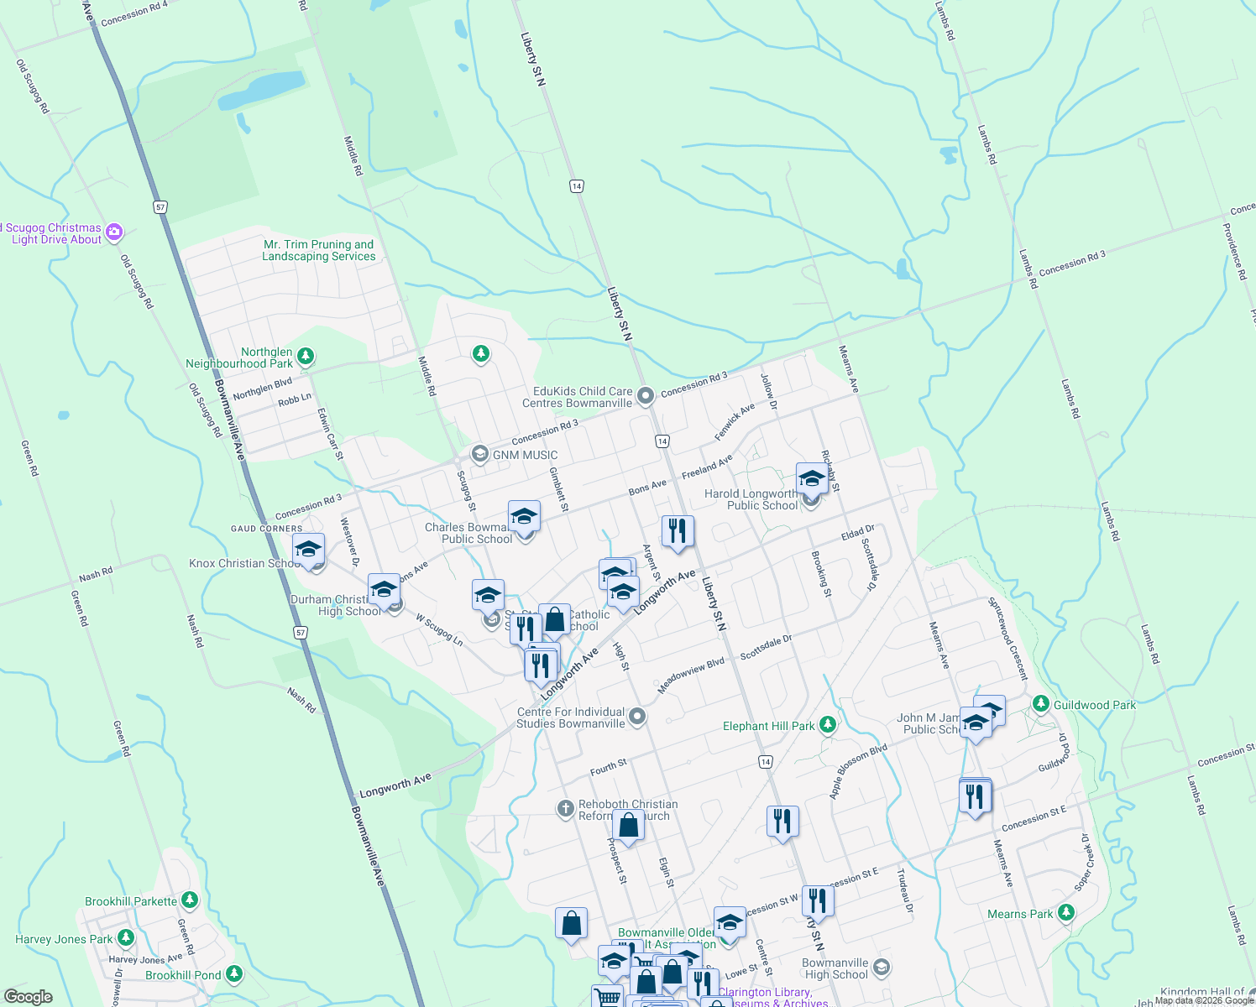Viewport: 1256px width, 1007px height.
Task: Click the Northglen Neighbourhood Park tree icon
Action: pos(306,357)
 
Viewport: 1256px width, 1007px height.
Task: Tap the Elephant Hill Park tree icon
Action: pos(828,724)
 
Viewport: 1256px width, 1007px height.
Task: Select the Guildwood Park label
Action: pos(1094,705)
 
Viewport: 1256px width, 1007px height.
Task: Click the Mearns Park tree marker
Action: pos(1066,912)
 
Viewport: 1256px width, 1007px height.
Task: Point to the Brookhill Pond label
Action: pos(183,975)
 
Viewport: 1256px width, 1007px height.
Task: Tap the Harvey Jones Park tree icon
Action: pos(126,937)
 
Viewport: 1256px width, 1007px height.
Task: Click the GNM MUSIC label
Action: pos(525,455)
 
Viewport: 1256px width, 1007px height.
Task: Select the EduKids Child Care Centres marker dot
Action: pos(646,395)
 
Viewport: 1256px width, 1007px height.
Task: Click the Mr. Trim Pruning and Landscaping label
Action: pos(319,250)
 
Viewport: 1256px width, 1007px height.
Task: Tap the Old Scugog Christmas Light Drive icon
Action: pos(114,232)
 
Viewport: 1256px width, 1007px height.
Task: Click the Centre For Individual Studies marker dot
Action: pos(637,716)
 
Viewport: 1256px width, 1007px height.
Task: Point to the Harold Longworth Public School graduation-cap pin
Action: pos(811,479)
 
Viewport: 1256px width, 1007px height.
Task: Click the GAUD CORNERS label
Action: pos(266,529)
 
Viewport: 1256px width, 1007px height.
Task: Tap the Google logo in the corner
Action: pos(28,997)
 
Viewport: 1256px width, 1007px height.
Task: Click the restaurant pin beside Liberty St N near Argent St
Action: pos(677,531)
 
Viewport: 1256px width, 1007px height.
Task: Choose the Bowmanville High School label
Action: pos(835,968)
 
